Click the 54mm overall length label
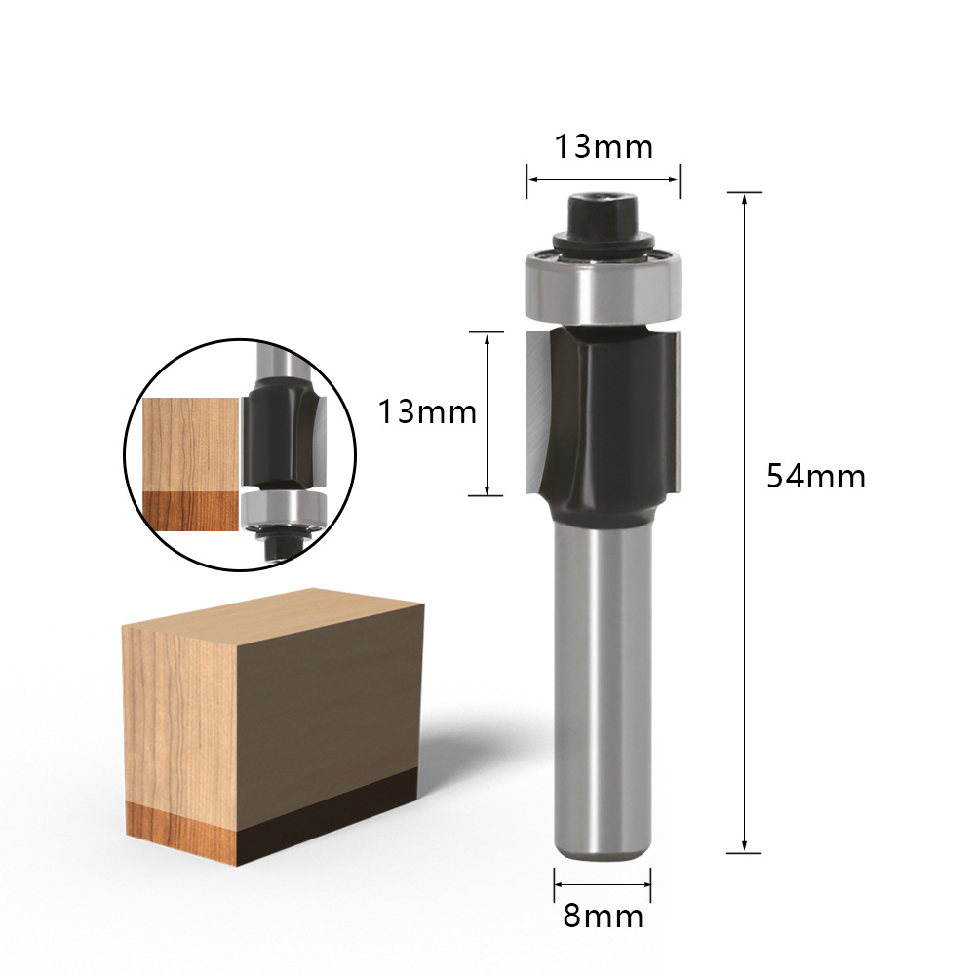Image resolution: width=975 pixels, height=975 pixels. click(816, 477)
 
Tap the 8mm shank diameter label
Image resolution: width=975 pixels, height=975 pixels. click(604, 916)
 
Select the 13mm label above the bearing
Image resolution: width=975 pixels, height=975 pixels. click(604, 147)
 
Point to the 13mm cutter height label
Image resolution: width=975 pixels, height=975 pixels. click(427, 412)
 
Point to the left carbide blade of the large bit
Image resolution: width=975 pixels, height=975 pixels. click(538, 410)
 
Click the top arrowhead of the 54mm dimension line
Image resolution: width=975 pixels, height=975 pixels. click(744, 198)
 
